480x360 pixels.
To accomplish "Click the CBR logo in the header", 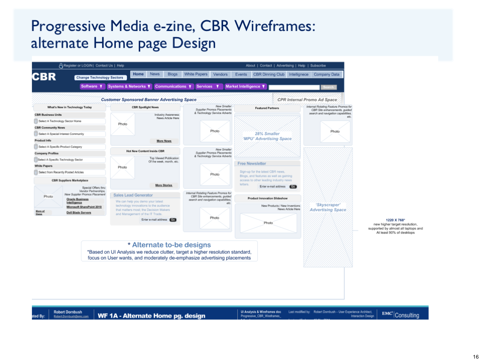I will (44, 77).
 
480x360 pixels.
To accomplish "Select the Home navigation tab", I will (138, 74).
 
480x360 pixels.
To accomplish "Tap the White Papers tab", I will (195, 74).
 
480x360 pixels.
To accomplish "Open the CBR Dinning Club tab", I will (269, 74).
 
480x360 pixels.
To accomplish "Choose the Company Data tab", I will (326, 74).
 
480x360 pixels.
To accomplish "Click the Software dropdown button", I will (91, 86).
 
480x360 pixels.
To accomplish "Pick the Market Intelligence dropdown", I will (246, 86).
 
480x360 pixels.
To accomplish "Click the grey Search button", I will (328, 87).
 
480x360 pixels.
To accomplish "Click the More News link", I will (164, 141).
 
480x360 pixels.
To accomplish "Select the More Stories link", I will (164, 185).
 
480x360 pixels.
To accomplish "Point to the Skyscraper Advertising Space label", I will (328, 207).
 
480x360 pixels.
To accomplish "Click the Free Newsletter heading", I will (252, 164).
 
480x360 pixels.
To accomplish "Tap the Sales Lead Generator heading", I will (133, 195).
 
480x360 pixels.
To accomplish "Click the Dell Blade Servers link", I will (79, 212).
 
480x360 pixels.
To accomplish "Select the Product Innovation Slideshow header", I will (267, 198).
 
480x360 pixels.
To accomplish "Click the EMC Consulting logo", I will (400, 315).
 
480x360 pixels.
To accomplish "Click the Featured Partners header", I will (267, 108).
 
